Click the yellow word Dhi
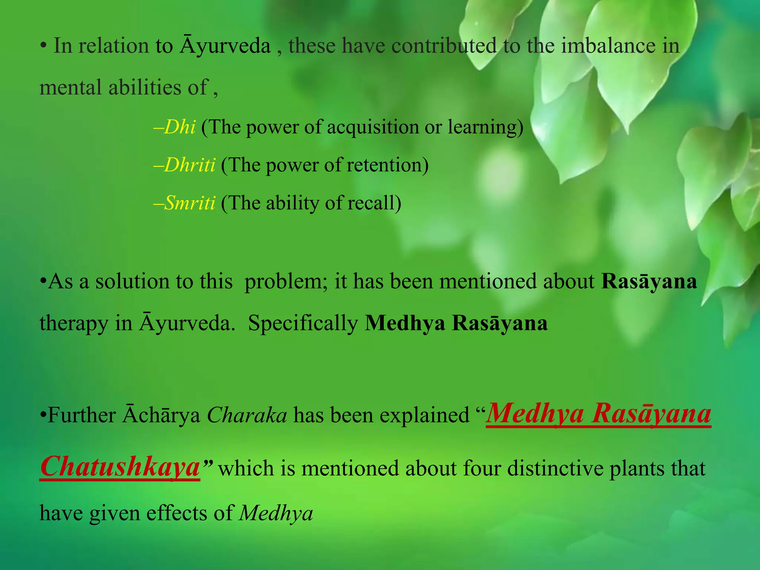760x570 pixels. pyautogui.click(x=180, y=127)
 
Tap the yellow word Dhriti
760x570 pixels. pyautogui.click(x=190, y=165)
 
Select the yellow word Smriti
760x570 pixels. pyautogui.click(x=190, y=203)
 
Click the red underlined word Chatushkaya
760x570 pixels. pyautogui.click(x=120, y=467)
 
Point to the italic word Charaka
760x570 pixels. pyautogui.click(x=247, y=415)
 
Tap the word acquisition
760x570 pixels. pyautogui.click(x=373, y=127)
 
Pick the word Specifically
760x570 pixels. pyautogui.click(x=303, y=323)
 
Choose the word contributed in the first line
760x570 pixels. pyautogui.click(x=444, y=46)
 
